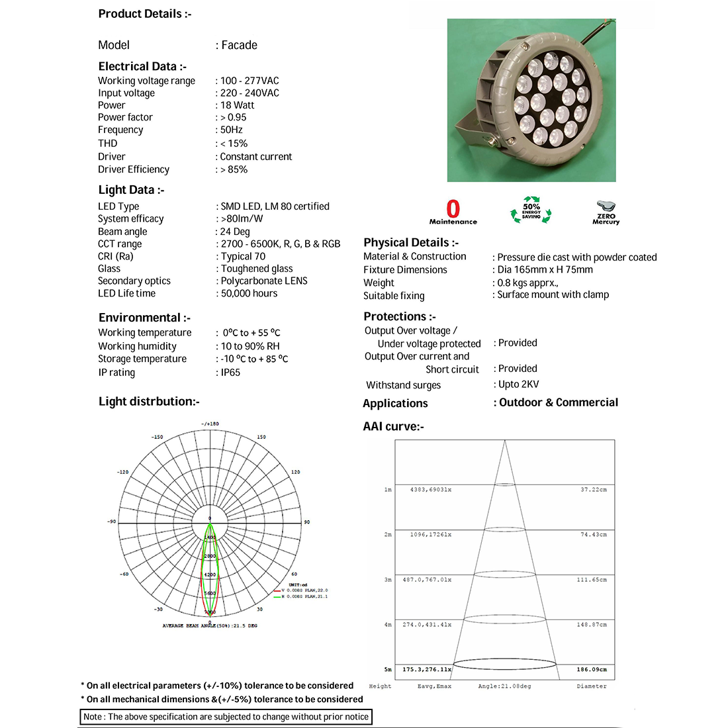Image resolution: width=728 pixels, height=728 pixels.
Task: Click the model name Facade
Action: click(x=239, y=45)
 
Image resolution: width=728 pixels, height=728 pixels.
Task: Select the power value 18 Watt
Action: click(x=237, y=105)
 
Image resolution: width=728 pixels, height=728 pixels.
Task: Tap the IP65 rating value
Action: click(x=230, y=373)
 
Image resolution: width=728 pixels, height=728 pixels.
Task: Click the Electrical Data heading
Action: click(x=142, y=66)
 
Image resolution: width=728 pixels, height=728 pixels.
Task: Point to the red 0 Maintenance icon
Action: click(x=453, y=212)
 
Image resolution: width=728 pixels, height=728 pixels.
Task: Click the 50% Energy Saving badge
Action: click(x=531, y=209)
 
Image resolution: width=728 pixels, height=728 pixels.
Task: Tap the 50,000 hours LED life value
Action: click(x=249, y=293)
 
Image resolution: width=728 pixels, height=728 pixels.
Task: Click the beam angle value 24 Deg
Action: click(x=235, y=232)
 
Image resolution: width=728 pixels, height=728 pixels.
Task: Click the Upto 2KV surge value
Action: click(x=518, y=385)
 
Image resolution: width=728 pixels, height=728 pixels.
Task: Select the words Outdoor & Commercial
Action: click(x=559, y=402)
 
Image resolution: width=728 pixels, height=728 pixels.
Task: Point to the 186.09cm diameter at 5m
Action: click(x=591, y=669)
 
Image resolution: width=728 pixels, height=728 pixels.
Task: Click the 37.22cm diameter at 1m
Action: click(x=594, y=490)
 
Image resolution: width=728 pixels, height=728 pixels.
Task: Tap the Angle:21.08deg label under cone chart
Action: click(x=504, y=686)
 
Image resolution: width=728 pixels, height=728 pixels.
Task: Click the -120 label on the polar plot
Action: click(x=122, y=472)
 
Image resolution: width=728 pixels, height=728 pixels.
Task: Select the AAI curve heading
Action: click(x=393, y=426)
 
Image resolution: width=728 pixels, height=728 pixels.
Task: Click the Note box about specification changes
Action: click(x=225, y=717)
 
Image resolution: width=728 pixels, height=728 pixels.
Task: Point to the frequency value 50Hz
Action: click(x=231, y=130)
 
